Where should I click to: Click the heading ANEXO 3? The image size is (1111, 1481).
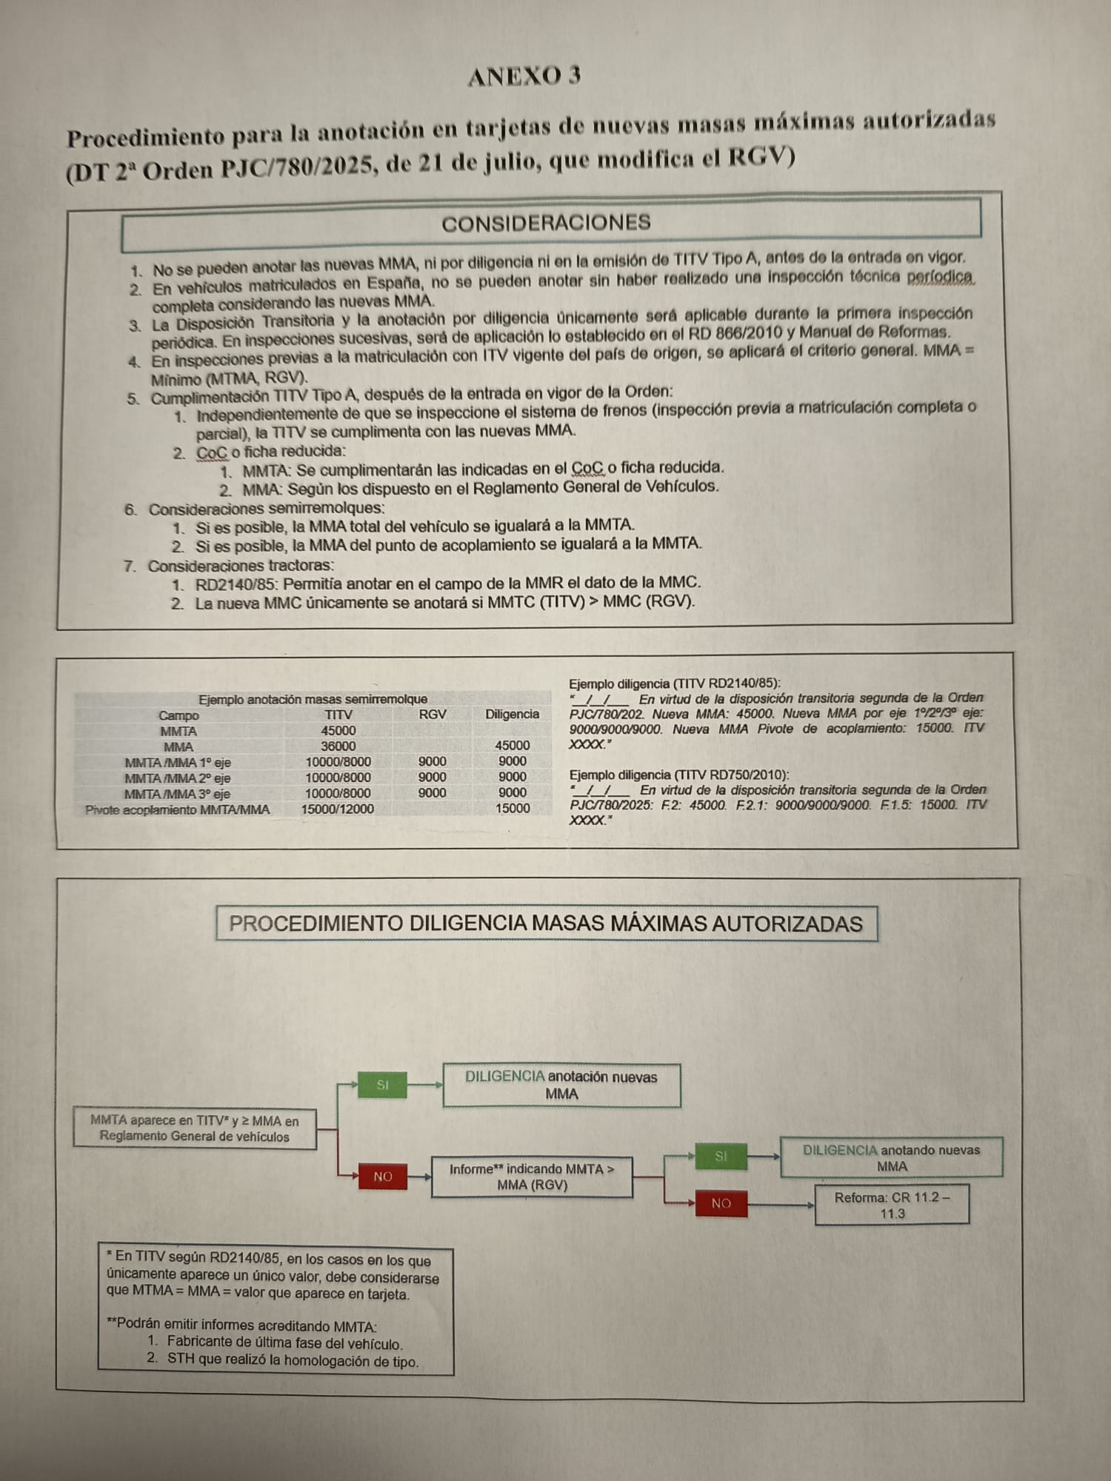coord(524,76)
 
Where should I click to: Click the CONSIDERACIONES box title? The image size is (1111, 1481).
coord(546,223)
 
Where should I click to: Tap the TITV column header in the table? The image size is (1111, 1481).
coord(338,715)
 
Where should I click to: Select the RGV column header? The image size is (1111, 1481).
coord(433,714)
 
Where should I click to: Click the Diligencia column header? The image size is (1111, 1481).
coord(512,714)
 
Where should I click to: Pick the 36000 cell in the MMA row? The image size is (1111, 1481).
coord(338,746)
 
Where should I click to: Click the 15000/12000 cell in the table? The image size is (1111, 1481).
coord(337,809)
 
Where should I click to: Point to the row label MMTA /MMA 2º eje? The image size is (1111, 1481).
coord(178,778)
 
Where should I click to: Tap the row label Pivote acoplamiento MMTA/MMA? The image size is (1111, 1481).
coord(178,809)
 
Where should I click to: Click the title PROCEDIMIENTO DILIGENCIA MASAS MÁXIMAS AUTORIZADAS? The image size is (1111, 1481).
coord(546,923)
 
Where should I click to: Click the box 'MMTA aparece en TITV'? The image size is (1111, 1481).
coord(195,1128)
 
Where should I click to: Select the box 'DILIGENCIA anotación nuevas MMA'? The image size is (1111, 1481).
coord(561,1085)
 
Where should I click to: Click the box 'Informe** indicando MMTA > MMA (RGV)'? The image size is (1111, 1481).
coord(532,1177)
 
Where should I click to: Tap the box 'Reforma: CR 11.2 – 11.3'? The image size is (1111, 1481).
coord(892,1205)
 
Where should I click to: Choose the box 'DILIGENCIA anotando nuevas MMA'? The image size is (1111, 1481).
coord(891,1157)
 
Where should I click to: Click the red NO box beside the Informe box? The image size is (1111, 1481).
coord(383,1176)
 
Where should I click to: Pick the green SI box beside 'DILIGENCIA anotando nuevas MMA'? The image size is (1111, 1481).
coord(721,1156)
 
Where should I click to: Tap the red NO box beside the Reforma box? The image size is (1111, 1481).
coord(721,1203)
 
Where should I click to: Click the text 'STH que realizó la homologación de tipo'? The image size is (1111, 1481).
coord(293,1361)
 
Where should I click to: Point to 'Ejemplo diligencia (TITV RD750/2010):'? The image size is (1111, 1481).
coord(679,775)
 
